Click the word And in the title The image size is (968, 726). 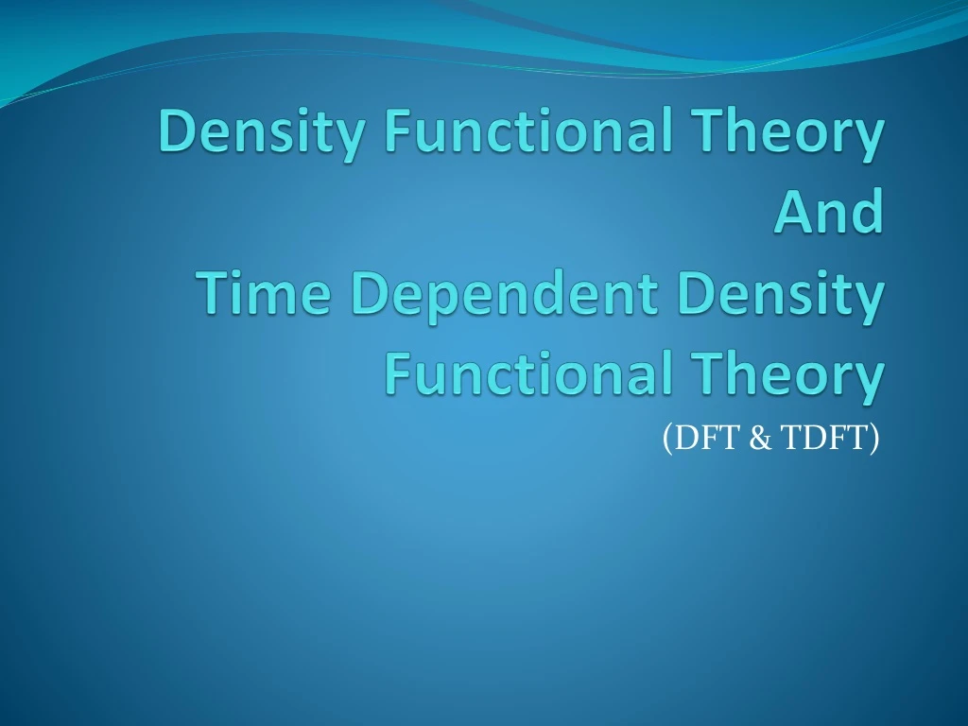pyautogui.click(x=828, y=214)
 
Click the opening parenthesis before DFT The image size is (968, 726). pyautogui.click(x=666, y=440)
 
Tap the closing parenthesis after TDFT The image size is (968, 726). pyautogui.click(x=874, y=440)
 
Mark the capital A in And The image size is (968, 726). pyautogui.click(x=792, y=214)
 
